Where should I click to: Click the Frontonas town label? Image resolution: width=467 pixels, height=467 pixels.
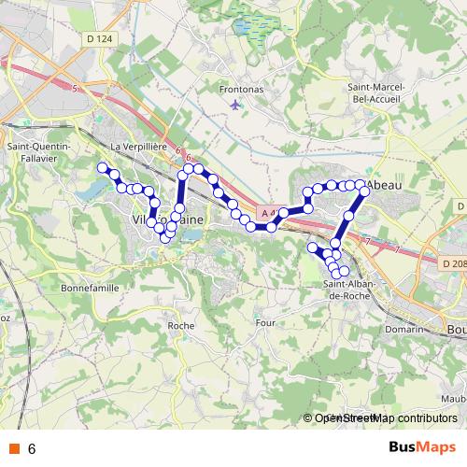point(236,90)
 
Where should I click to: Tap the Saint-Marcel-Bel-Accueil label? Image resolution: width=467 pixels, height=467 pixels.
point(375,92)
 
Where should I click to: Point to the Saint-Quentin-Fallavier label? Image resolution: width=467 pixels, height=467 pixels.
point(35,152)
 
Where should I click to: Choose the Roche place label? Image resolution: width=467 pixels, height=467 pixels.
point(179,325)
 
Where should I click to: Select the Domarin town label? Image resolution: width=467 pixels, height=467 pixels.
point(404,329)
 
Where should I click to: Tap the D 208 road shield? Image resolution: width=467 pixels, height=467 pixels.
point(451,263)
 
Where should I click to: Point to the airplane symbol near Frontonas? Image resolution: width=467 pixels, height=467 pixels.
point(233,104)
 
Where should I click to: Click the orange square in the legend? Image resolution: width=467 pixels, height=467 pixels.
point(14,448)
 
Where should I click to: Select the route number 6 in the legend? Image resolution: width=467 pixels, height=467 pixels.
point(32,448)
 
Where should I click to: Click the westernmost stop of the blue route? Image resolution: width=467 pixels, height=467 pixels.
point(103,167)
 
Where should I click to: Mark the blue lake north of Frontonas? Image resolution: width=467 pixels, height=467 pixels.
point(250,26)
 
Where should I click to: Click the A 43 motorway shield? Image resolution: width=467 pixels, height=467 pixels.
point(269,214)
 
